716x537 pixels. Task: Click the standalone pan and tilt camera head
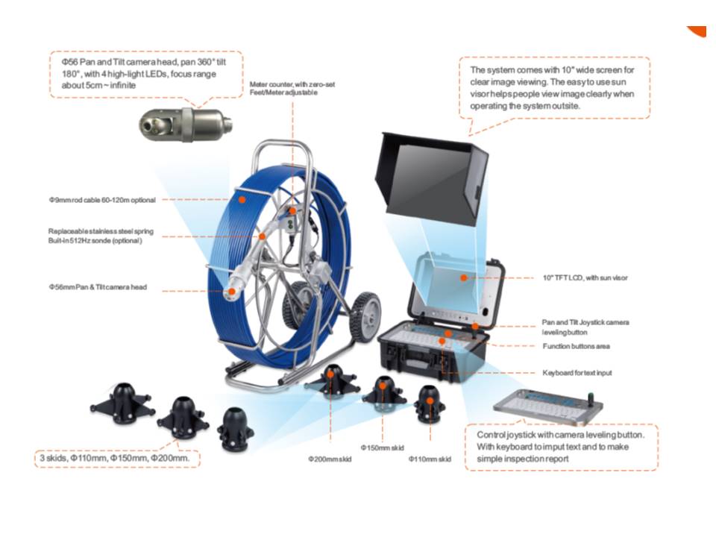click(186, 124)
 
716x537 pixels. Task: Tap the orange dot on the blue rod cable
click(242, 200)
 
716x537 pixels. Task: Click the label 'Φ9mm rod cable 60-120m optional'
click(102, 200)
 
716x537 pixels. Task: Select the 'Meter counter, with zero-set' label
click(292, 84)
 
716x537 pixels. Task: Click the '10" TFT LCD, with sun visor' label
click(585, 277)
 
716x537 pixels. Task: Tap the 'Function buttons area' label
click(577, 346)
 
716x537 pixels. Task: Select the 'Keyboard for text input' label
click(577, 373)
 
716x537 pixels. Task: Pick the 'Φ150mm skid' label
click(382, 447)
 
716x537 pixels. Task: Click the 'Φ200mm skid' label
click(330, 459)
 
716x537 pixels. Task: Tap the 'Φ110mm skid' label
click(430, 459)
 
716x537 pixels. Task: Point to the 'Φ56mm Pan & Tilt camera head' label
click(98, 287)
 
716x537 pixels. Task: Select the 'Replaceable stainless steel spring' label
click(101, 231)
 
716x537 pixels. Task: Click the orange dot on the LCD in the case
click(463, 277)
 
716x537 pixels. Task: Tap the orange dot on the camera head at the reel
click(231, 292)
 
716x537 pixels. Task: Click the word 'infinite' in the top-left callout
click(121, 85)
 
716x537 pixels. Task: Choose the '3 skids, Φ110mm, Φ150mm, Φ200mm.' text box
click(117, 458)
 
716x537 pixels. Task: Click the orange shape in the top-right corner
click(698, 31)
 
